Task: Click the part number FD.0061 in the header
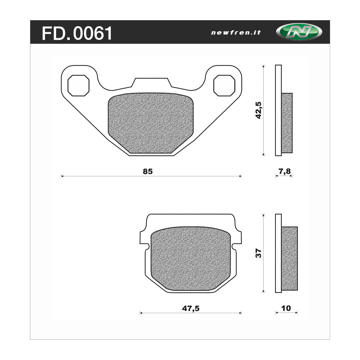[77, 33]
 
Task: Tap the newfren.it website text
[236, 32]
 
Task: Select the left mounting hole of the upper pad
[78, 86]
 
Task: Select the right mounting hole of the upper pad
[224, 86]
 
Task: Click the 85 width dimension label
[148, 172]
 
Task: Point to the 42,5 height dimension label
[258, 111]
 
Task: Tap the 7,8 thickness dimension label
[284, 172]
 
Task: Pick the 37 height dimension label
[258, 253]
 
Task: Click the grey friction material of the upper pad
[150, 122]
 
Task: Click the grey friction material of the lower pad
[191, 257]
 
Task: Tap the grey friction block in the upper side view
[287, 122]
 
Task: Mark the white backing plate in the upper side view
[278, 110]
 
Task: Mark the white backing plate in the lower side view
[278, 253]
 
